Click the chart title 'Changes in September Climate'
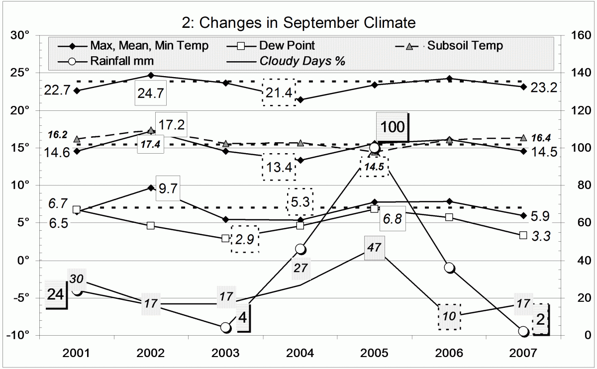tap(298, 23)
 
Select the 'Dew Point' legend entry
tap(287, 46)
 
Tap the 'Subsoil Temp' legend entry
tap(465, 46)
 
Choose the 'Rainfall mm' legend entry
tap(122, 61)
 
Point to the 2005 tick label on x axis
tap(375, 354)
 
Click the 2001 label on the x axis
tap(77, 354)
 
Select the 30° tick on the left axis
tap(21, 35)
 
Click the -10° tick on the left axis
tap(19, 335)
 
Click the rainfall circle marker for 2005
tap(375, 148)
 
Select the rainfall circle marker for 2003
tap(225, 327)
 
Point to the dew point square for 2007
tap(523, 235)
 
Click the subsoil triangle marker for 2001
tap(77, 139)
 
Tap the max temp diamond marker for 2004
tap(300, 100)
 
